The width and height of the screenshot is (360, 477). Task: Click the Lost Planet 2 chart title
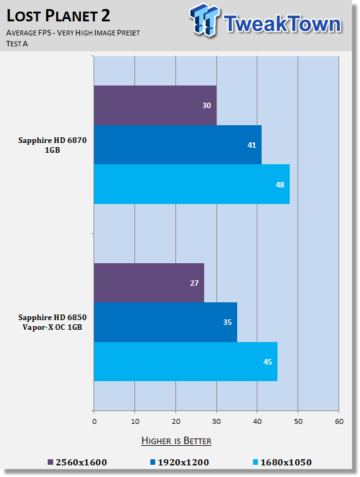[x=58, y=15]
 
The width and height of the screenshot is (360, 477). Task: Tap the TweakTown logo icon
[x=204, y=20]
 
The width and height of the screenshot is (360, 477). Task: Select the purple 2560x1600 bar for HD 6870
[x=155, y=105]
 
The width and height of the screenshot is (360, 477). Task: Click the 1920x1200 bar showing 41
[x=178, y=145]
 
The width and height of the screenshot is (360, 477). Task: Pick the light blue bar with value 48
[x=192, y=184]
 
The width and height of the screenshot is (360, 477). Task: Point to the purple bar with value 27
[x=149, y=283]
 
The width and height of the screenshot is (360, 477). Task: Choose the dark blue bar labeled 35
[x=166, y=322]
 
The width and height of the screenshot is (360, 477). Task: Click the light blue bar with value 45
[x=186, y=362]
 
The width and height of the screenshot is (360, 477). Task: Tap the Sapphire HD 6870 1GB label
[x=53, y=145]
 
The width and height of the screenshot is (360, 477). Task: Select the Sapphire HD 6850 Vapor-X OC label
[x=53, y=322]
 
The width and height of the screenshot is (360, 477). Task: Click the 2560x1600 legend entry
[x=77, y=462]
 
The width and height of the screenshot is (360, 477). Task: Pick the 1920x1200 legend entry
[x=180, y=462]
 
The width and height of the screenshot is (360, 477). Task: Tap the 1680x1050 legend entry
[x=282, y=462]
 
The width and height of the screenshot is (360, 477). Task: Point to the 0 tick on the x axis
[x=94, y=421]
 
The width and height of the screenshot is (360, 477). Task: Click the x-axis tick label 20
[x=176, y=421]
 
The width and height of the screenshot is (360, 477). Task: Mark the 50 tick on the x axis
[x=298, y=421]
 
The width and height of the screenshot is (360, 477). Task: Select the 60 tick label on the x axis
[x=339, y=421]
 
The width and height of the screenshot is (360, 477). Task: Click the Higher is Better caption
[x=177, y=441]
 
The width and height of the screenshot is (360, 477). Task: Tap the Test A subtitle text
[x=17, y=44]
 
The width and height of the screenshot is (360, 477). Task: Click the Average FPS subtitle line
[x=73, y=33]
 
